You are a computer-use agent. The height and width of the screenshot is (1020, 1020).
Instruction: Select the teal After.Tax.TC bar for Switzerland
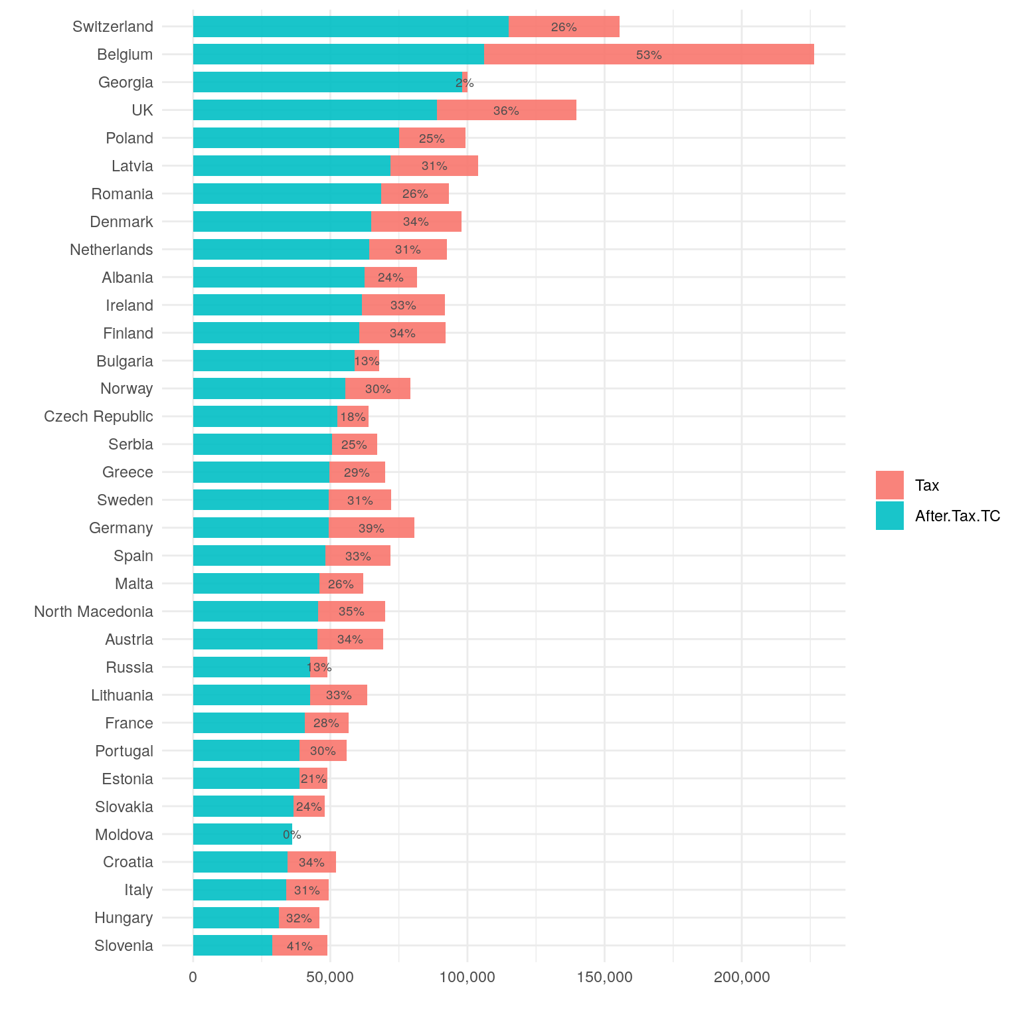tap(351, 27)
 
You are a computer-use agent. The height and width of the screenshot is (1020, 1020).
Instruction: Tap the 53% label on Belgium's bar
tap(649, 55)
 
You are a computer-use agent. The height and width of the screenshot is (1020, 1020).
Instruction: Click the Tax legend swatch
tap(889, 485)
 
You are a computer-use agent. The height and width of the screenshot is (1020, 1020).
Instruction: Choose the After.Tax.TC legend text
tap(957, 516)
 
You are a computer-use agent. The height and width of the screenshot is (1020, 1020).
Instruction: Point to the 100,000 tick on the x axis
tap(467, 977)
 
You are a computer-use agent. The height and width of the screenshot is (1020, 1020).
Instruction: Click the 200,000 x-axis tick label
tap(742, 977)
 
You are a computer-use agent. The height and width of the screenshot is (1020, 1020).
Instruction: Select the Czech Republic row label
tap(98, 416)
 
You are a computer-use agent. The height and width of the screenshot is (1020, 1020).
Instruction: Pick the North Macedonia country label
tap(94, 612)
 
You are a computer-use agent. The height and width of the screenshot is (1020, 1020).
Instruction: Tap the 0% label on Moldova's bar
tap(292, 835)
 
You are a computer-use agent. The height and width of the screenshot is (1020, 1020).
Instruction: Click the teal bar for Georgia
tap(327, 82)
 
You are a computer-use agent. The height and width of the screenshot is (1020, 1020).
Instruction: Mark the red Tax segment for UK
tap(506, 110)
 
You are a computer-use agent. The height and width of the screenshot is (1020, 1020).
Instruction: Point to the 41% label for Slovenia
tap(299, 946)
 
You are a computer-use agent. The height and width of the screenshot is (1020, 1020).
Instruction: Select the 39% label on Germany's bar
tap(371, 529)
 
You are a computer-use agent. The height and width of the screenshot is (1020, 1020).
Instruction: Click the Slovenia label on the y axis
tap(124, 946)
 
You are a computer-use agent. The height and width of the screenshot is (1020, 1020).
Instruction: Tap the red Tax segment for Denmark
tap(416, 222)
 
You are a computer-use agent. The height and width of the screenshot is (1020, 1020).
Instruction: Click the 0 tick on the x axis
tap(193, 977)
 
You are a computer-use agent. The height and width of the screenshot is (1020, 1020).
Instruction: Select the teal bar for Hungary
tap(236, 918)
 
